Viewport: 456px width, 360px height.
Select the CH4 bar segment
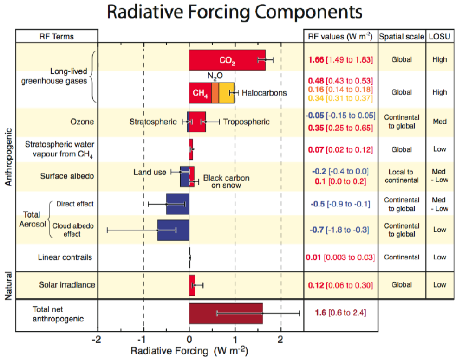click(x=200, y=92)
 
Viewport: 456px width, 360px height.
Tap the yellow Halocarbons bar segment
click(x=227, y=92)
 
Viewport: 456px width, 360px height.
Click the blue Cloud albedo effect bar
click(x=173, y=230)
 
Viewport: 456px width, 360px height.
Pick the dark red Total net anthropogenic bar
click(x=226, y=313)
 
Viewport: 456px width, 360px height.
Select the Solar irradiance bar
click(x=192, y=285)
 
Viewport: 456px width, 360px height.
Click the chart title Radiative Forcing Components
click(x=234, y=13)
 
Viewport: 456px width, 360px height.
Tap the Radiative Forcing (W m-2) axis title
click(x=188, y=350)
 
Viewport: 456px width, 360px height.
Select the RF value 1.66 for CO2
click(x=316, y=60)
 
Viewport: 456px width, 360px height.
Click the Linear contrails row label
click(x=65, y=257)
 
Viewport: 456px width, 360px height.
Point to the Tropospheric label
click(x=246, y=122)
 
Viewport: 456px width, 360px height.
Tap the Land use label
click(x=150, y=173)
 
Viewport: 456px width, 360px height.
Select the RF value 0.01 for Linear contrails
click(x=313, y=257)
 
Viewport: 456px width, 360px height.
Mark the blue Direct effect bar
click(x=177, y=204)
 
